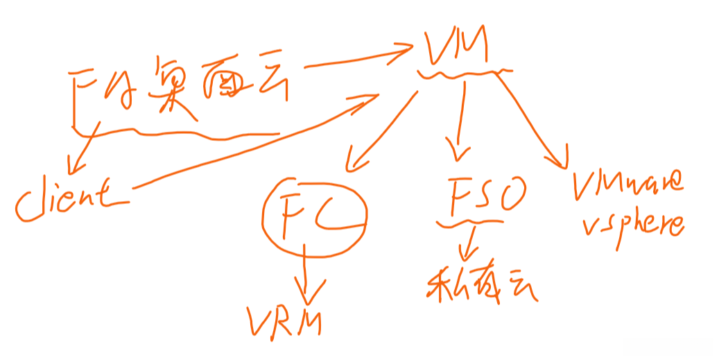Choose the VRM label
point(284,320)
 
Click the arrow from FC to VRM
point(304,274)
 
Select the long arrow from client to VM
point(250,147)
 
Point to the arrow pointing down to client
point(83,149)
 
